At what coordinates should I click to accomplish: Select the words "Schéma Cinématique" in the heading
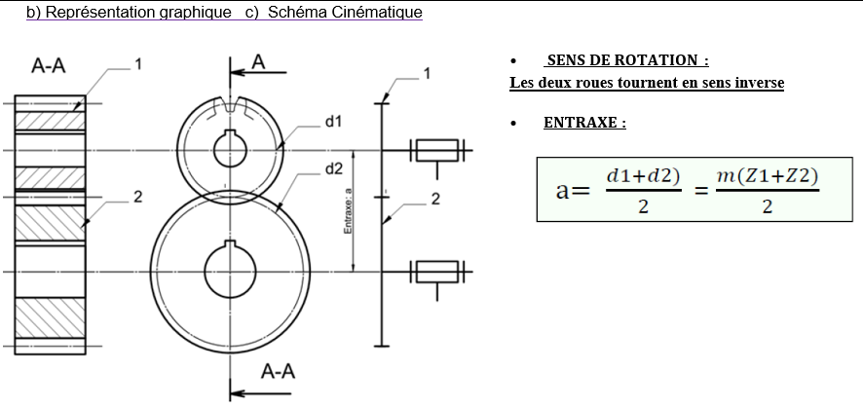click(x=345, y=13)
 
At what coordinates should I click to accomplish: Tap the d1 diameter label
click(x=333, y=122)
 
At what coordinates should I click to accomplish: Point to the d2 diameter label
click(x=333, y=168)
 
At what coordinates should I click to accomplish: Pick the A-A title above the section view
click(x=50, y=67)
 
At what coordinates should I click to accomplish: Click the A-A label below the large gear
click(x=280, y=371)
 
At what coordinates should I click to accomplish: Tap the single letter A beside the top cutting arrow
click(x=259, y=61)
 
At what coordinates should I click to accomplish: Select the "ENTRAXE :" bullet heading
click(x=584, y=124)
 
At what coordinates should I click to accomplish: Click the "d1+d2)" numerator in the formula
click(x=643, y=175)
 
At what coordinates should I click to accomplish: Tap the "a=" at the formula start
click(x=573, y=190)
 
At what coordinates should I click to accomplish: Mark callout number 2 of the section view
click(x=137, y=197)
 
